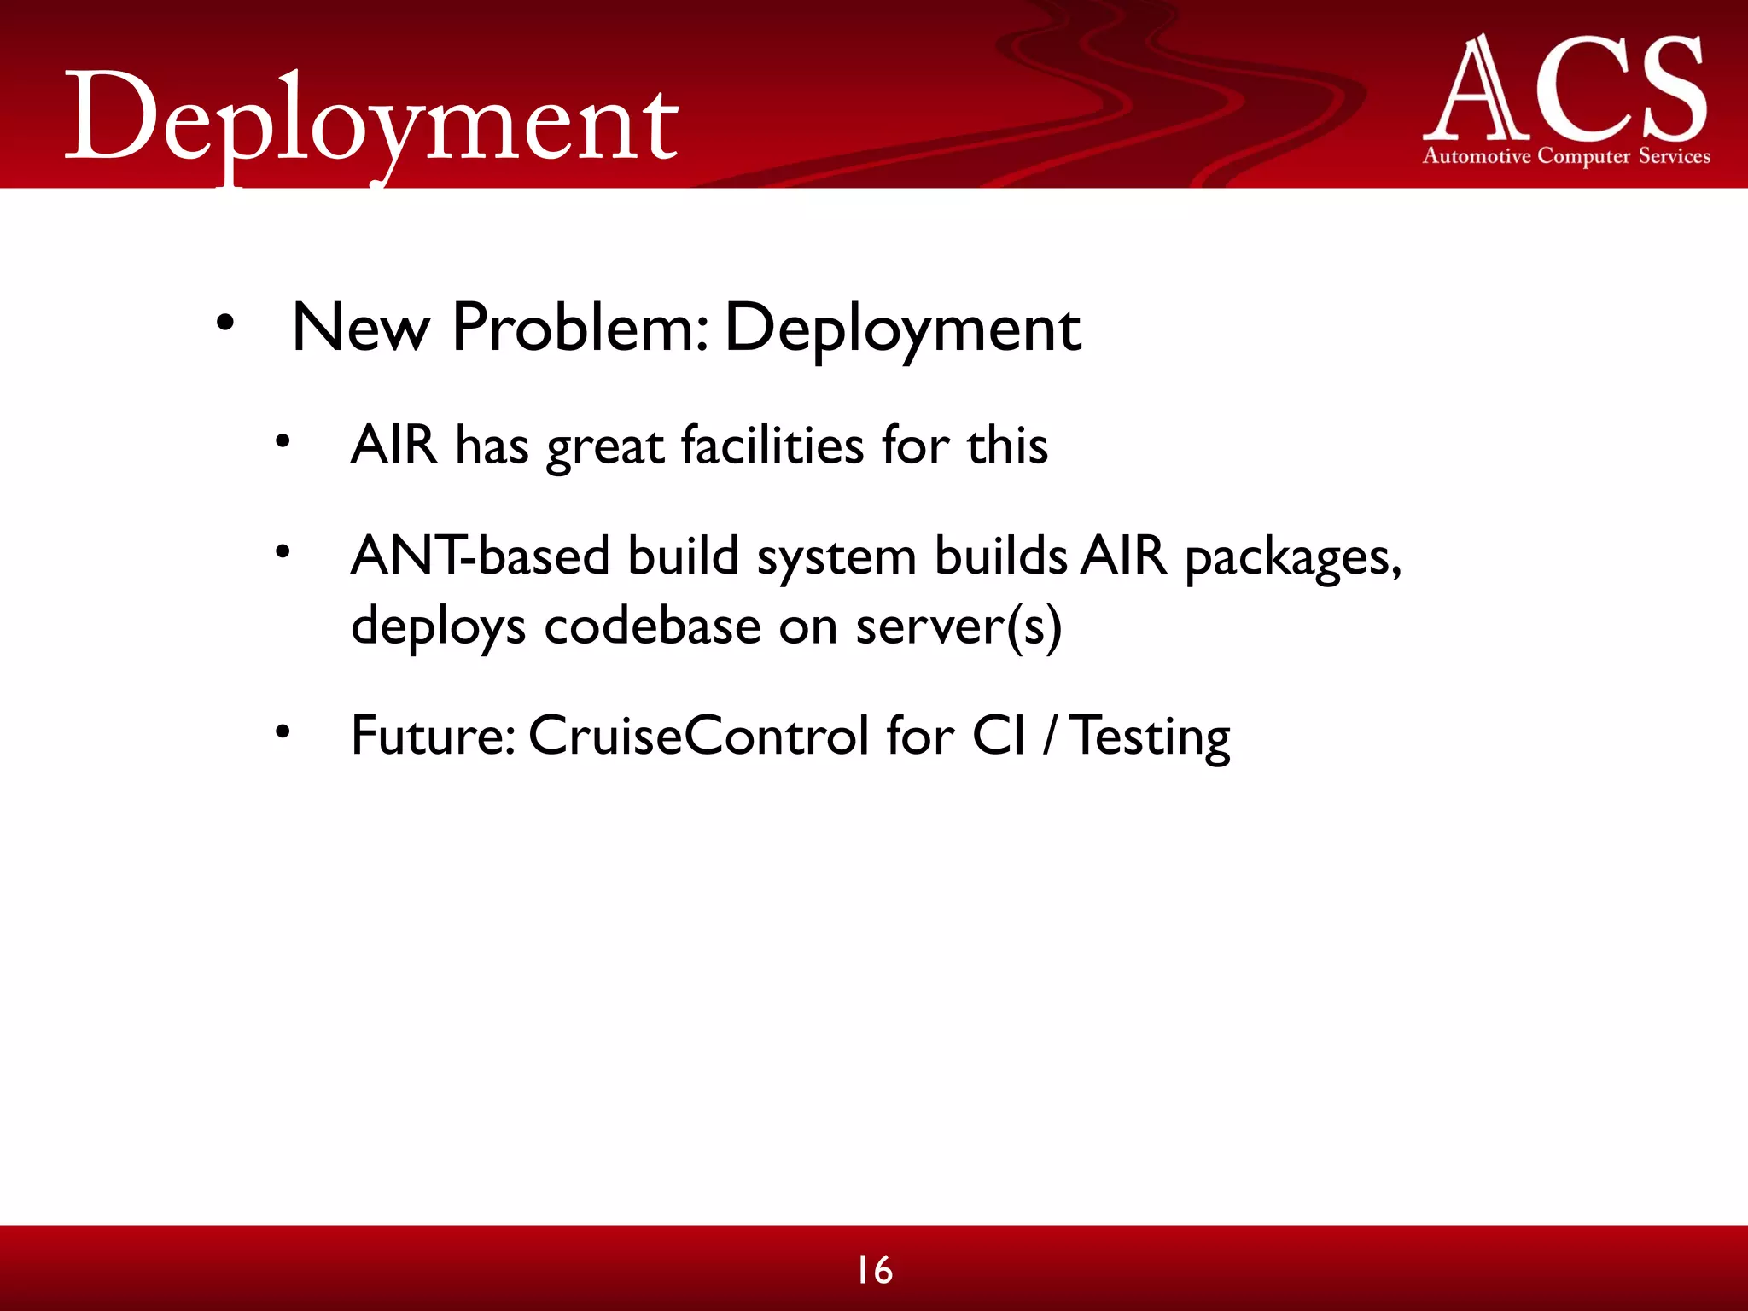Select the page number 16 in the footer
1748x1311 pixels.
[874, 1270]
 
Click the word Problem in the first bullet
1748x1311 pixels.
[580, 328]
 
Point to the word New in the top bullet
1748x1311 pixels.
[360, 328]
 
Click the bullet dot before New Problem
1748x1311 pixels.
[224, 323]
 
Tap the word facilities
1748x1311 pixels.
[772, 446]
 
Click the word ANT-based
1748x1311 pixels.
[480, 556]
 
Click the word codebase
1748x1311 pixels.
[652, 626]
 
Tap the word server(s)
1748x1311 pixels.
[958, 626]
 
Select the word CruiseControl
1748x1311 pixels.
[698, 736]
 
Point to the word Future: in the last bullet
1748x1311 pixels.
[433, 736]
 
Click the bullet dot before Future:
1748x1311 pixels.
[283, 731]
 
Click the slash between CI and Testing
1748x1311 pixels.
[1048, 736]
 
